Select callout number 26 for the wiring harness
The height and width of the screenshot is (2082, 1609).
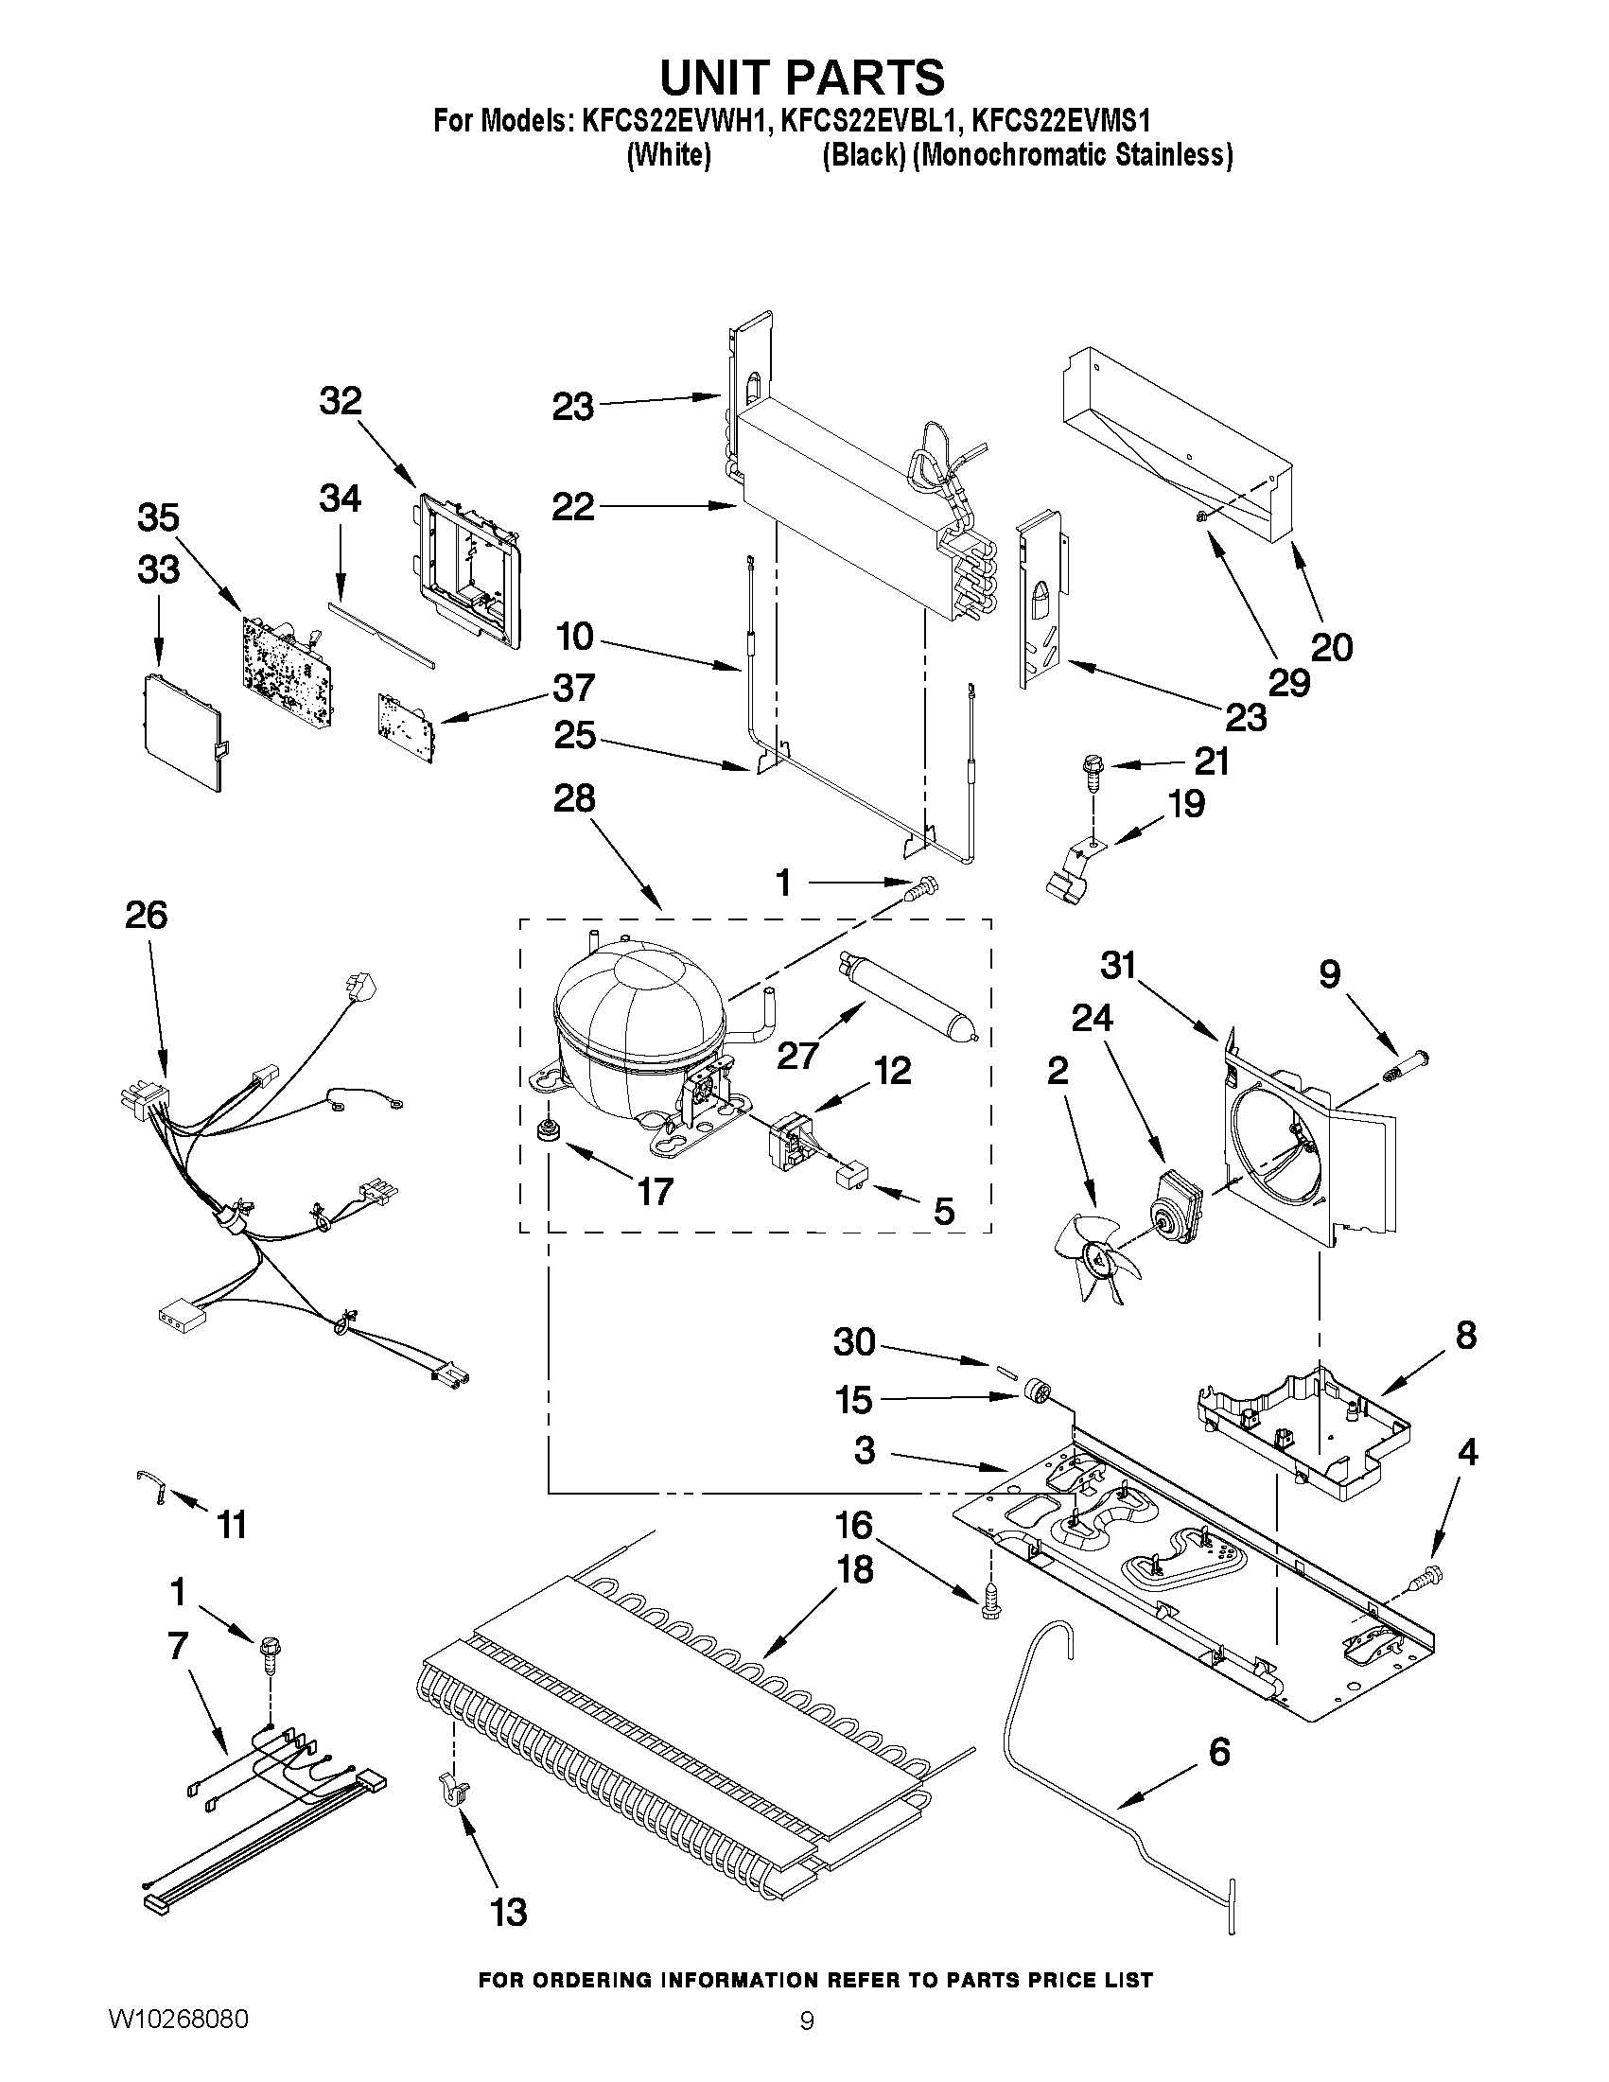coord(146,915)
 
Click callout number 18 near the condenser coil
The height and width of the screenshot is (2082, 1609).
coord(855,1569)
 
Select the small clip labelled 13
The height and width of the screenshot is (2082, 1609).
coord(452,1790)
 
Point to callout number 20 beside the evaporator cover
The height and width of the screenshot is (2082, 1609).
coord(1332,647)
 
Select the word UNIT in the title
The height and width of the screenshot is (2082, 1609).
coord(726,79)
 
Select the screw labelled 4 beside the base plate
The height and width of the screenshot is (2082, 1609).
coord(1430,1577)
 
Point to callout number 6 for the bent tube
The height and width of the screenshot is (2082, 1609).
coord(1219,1752)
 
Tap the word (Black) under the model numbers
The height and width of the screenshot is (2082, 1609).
coord(863,155)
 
